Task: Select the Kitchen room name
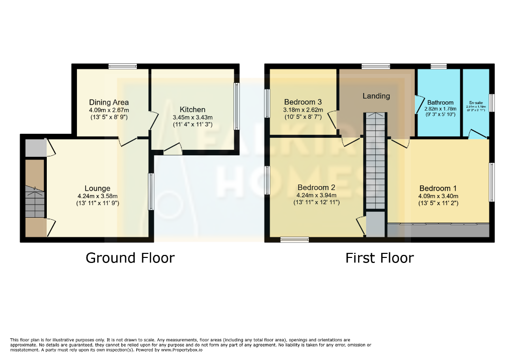(x=193, y=109)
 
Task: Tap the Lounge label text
(x=98, y=189)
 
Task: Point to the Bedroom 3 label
(x=303, y=102)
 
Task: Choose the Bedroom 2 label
(x=316, y=187)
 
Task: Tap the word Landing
(x=376, y=96)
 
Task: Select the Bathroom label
(x=441, y=102)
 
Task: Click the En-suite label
(x=476, y=102)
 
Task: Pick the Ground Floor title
(x=130, y=258)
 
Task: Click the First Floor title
(x=379, y=258)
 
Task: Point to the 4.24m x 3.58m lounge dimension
(x=98, y=196)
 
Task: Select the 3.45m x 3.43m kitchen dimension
(x=193, y=117)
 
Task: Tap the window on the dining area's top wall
(x=123, y=66)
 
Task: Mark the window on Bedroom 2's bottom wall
(x=295, y=240)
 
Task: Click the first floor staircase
(x=375, y=161)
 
